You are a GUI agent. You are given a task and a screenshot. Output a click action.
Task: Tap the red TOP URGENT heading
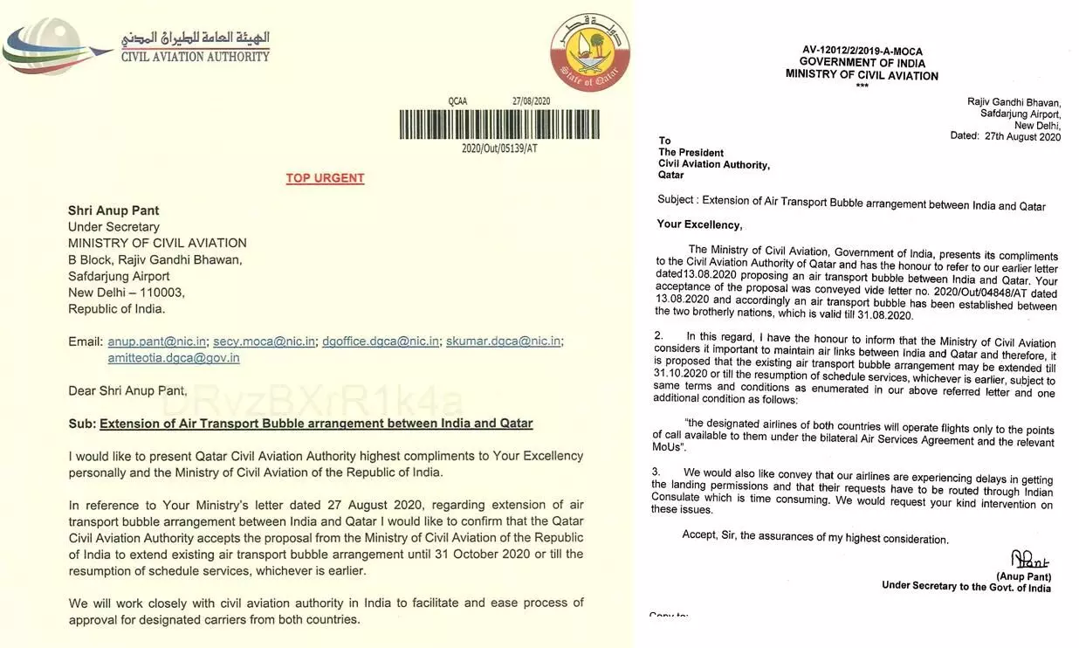click(325, 178)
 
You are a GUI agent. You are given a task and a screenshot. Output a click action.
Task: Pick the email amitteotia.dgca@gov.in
click(174, 358)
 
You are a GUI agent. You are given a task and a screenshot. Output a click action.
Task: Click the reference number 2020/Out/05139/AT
click(500, 148)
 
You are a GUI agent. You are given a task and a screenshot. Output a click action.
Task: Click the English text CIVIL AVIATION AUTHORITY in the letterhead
click(195, 57)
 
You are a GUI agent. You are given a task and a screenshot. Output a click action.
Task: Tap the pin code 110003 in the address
click(156, 293)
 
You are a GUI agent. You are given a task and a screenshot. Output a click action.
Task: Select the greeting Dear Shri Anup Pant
click(127, 390)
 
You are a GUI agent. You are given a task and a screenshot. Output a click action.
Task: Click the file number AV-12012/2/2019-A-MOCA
click(862, 52)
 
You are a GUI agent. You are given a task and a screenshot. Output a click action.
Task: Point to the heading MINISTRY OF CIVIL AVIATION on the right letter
click(862, 75)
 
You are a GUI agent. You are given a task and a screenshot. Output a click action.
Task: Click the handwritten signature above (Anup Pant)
click(1028, 560)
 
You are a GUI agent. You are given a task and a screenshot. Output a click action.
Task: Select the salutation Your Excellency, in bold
click(699, 224)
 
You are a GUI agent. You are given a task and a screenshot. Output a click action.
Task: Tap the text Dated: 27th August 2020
click(1005, 137)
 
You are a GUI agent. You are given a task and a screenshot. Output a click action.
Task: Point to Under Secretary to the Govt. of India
click(966, 587)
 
